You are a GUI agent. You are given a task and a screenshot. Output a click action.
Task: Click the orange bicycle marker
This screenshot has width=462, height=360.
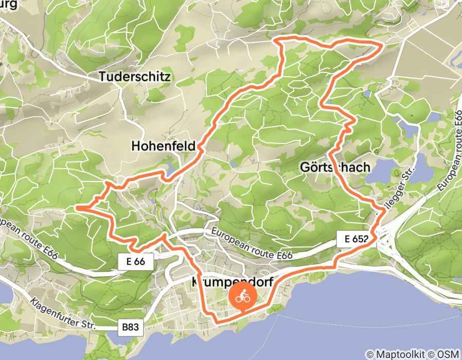243,297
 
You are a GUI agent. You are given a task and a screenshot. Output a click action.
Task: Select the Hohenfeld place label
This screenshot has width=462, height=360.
164,146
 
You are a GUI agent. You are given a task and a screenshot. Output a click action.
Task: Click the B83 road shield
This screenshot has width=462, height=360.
131,327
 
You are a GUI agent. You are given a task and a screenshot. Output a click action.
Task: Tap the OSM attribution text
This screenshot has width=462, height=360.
448,354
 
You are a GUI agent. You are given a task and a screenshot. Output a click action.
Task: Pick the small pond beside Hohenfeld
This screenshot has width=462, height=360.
169,165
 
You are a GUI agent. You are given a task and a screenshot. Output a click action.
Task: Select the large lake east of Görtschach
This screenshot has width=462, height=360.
383,171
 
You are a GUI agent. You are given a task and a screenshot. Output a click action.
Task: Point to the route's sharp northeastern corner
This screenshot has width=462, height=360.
382,45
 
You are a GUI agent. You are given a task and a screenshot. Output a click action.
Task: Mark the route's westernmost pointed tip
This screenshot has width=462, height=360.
77,207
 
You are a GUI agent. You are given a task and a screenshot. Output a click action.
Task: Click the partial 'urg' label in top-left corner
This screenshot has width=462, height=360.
9,5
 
